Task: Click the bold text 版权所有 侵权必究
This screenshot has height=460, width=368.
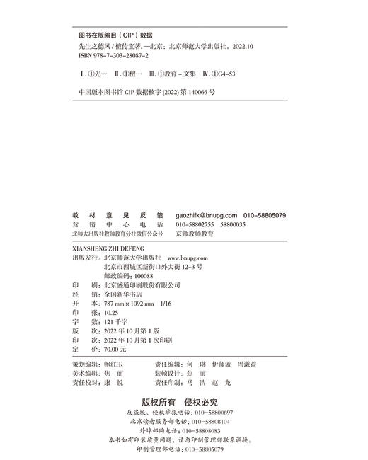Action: pos(183,402)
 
